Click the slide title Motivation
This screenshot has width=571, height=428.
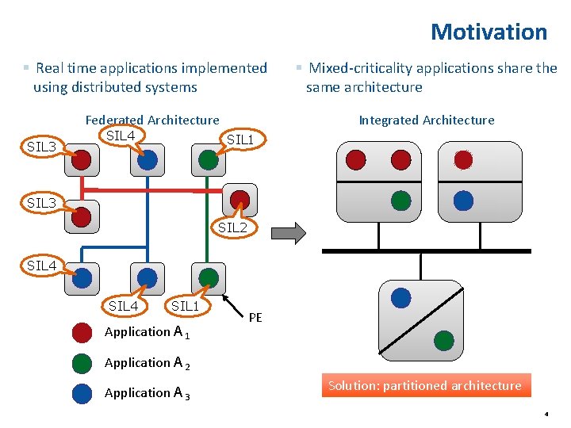pyautogui.click(x=489, y=32)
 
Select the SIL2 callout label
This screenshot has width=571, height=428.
pyautogui.click(x=232, y=227)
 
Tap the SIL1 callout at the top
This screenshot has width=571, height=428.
pyautogui.click(x=240, y=140)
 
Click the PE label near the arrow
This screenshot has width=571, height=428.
pyautogui.click(x=255, y=318)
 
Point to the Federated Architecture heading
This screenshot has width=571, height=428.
pyautogui.click(x=152, y=120)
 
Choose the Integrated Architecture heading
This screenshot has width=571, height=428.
pyautogui.click(x=426, y=120)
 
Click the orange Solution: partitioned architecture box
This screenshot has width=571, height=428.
pyautogui.click(x=425, y=386)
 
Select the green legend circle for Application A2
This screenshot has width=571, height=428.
pyautogui.click(x=82, y=363)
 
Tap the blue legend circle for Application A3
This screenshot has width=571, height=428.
pyautogui.click(x=82, y=393)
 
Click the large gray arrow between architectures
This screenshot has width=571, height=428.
pyautogui.click(x=288, y=233)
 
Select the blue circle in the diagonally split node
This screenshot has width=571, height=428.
pyautogui.click(x=401, y=297)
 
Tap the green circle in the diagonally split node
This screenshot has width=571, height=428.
pyautogui.click(x=443, y=341)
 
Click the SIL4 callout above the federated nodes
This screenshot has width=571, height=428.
pyautogui.click(x=121, y=136)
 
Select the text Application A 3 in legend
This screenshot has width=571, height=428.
pyautogui.click(x=148, y=393)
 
